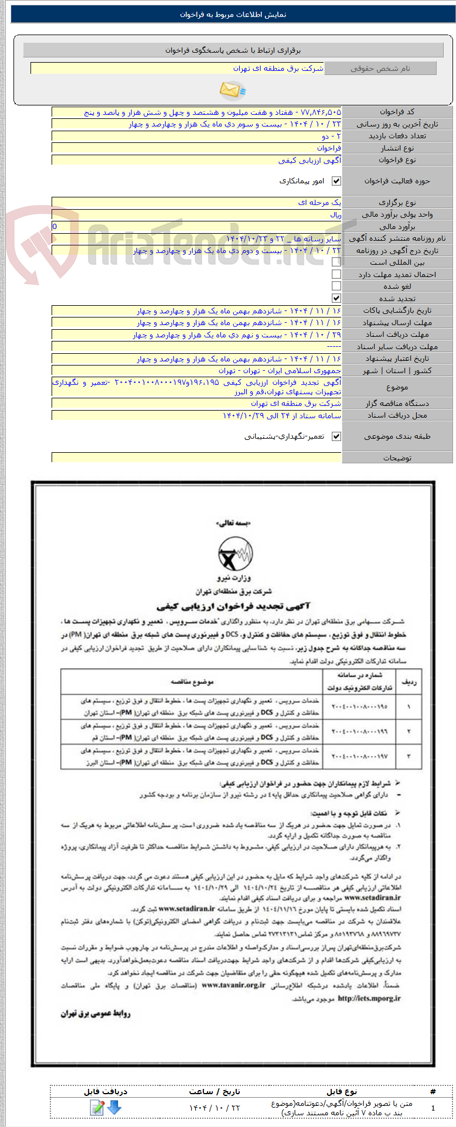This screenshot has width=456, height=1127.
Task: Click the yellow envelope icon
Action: [x=232, y=90]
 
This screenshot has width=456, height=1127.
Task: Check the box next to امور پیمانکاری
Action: [x=336, y=182]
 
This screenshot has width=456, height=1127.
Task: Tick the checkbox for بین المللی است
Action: [x=336, y=262]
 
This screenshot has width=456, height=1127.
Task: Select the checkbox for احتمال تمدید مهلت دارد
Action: [x=336, y=274]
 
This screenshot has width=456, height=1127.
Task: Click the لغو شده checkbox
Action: [x=336, y=286]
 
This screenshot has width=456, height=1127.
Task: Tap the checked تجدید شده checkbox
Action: [x=336, y=298]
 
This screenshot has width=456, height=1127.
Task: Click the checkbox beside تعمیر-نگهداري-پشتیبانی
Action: [x=336, y=436]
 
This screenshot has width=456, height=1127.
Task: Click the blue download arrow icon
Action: [x=114, y=1107]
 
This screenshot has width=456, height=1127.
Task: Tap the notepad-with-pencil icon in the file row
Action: [x=97, y=1107]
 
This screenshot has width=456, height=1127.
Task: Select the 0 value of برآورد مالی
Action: [x=55, y=226]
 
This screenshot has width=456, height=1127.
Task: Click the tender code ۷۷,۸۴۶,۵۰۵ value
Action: [x=320, y=112]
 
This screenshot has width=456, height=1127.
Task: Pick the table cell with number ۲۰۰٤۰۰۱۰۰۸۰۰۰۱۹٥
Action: [x=359, y=707]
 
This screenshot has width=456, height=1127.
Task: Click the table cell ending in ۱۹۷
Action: [x=359, y=757]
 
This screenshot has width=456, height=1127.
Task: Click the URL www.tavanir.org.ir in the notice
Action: [x=233, y=985]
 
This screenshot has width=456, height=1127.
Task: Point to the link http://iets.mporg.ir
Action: [x=369, y=998]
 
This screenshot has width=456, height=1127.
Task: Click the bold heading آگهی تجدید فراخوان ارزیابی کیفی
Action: [x=233, y=606]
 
